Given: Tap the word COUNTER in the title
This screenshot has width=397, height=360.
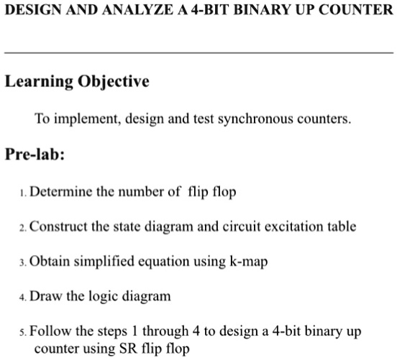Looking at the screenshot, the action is tap(356, 11).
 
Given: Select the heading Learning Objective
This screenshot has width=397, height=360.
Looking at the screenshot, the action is tap(77, 81).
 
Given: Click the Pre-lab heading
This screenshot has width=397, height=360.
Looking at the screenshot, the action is tap(35, 154).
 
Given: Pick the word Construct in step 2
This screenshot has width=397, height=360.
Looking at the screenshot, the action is tap(60, 226).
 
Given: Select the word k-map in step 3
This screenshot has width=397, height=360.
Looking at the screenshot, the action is tap(249, 262).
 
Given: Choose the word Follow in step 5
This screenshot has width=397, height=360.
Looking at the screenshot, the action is tap(51, 332).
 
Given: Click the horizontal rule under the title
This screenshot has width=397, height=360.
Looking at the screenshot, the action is tap(198, 53).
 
